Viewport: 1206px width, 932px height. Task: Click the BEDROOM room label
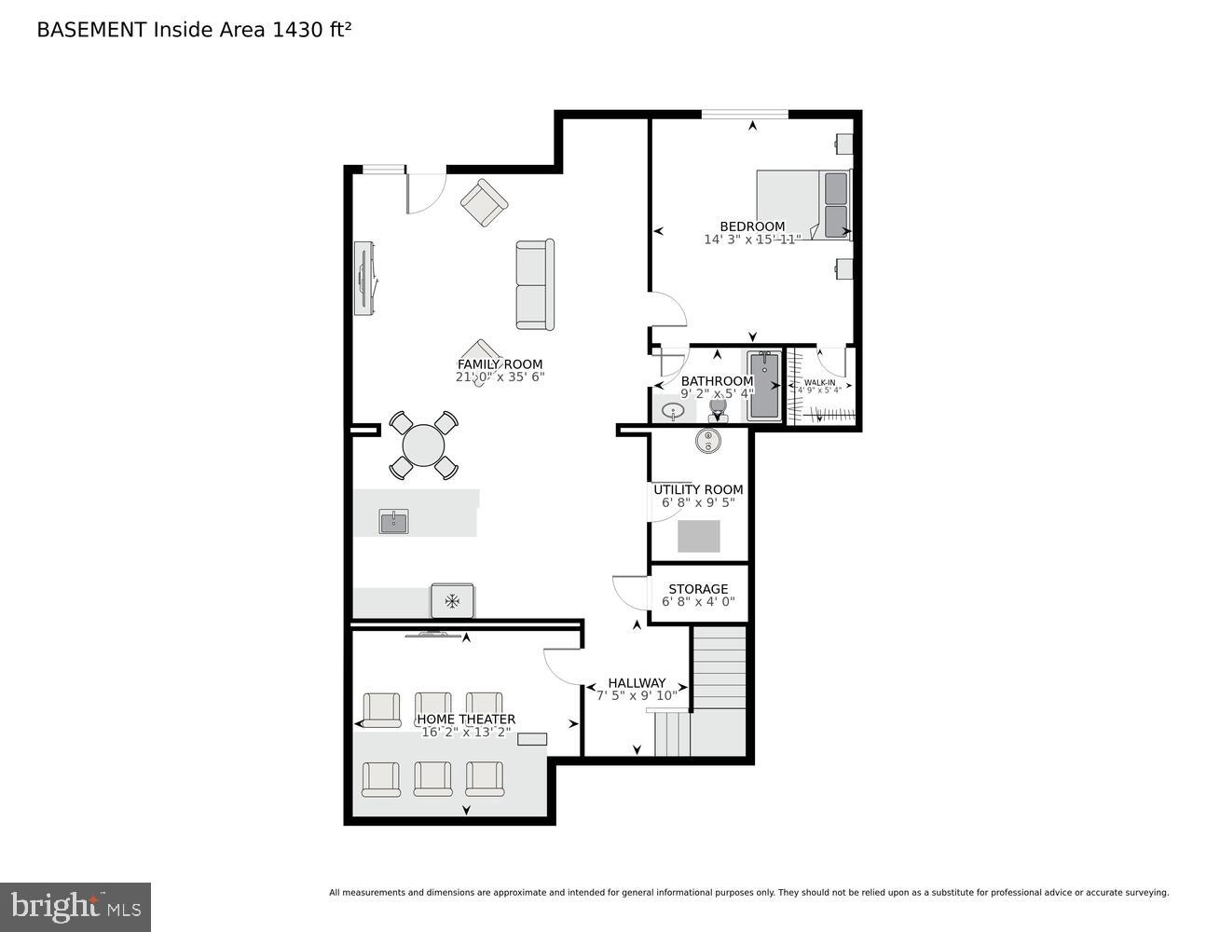click(752, 226)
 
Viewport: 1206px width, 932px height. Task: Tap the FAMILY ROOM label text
click(500, 364)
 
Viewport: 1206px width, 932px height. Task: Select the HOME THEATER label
click(466, 720)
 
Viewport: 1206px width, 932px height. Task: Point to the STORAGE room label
click(698, 589)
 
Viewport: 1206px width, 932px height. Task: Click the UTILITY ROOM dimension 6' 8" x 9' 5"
click(698, 502)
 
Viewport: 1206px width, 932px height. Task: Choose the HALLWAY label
click(637, 683)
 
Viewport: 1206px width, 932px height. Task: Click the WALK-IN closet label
click(819, 382)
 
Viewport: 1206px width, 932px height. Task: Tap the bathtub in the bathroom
click(763, 386)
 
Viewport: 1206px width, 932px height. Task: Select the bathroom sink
click(672, 410)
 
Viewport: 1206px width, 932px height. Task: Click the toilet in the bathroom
click(719, 408)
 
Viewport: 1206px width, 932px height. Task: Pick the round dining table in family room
click(424, 445)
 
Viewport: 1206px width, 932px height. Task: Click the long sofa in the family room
click(535, 285)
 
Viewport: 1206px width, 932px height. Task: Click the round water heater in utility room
click(708, 440)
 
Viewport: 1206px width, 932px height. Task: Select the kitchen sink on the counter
click(393, 522)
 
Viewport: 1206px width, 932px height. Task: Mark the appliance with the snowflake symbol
click(452, 601)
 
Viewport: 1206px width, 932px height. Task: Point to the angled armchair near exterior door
click(484, 203)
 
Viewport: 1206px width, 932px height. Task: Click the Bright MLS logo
click(75, 907)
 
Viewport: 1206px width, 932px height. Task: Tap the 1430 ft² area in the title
click(311, 30)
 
